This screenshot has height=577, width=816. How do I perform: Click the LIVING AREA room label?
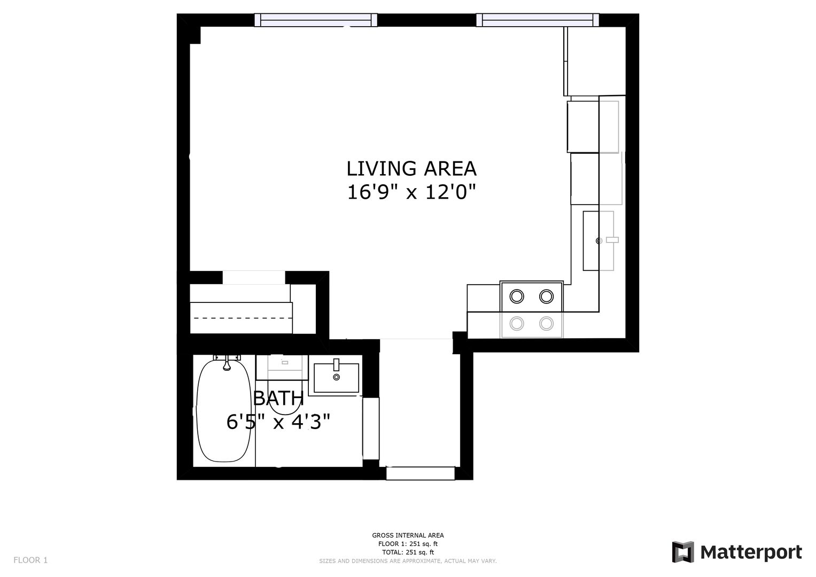[x=411, y=169]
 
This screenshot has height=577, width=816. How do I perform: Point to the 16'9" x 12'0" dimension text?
[x=411, y=192]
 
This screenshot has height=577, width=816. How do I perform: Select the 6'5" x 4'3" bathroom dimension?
[x=278, y=422]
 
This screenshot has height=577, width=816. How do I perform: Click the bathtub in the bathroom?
[x=224, y=410]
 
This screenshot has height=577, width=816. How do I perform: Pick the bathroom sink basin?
[x=336, y=378]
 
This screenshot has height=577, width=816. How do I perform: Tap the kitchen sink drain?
[x=599, y=241]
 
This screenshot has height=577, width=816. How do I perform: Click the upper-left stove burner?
[x=517, y=297]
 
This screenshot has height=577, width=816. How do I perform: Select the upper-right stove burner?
[x=547, y=297]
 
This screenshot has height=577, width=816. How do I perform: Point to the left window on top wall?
[x=316, y=20]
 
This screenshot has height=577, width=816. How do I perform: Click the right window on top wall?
[x=538, y=20]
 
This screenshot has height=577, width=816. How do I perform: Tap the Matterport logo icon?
[x=682, y=552]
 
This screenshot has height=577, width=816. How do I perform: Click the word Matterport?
[x=751, y=552]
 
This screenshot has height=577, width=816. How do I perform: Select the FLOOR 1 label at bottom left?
[x=30, y=560]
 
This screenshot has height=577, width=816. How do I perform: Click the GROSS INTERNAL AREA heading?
[x=408, y=535]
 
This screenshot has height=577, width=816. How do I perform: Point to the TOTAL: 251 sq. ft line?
[x=408, y=552]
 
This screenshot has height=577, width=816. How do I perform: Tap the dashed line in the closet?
[x=243, y=318]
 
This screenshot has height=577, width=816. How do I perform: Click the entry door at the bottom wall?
[x=421, y=473]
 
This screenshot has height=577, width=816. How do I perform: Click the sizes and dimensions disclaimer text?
[x=408, y=561]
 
